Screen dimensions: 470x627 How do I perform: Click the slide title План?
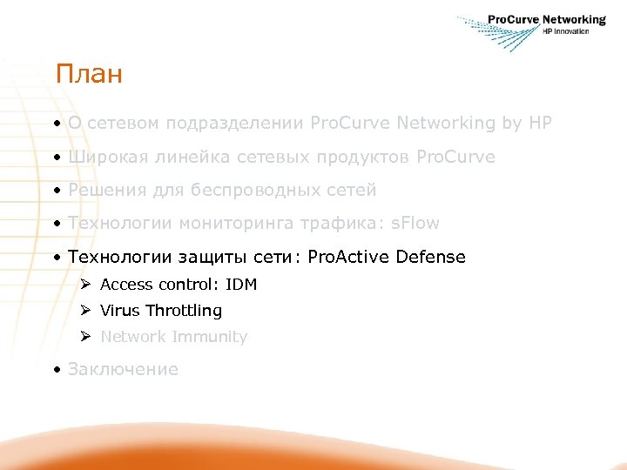88,74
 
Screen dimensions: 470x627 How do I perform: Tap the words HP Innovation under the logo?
565,32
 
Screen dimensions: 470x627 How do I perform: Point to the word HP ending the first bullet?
540,124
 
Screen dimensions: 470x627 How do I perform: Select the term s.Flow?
416,223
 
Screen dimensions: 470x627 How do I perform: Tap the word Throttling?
184,311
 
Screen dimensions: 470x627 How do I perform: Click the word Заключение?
123,369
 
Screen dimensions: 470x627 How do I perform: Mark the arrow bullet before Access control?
84,284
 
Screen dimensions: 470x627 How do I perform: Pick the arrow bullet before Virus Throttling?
84,310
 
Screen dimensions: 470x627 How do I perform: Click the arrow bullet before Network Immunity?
84,336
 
